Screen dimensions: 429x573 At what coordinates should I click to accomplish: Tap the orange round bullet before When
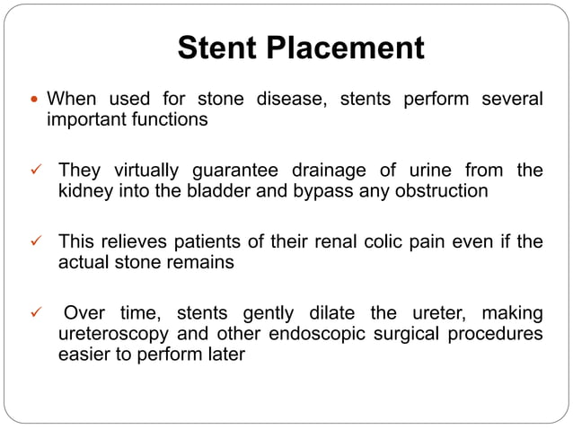(34, 98)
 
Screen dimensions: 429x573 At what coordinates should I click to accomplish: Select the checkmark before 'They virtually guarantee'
(36, 170)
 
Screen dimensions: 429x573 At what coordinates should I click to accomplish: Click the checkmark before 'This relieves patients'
(36, 241)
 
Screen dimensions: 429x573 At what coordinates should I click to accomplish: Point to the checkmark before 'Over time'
(36, 313)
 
